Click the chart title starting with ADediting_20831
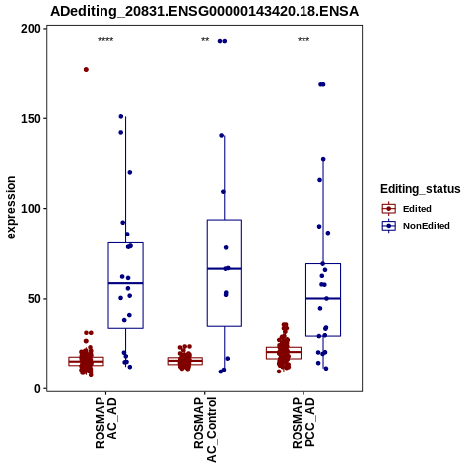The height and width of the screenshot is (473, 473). point(204,12)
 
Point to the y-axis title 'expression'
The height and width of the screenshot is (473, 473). point(11,208)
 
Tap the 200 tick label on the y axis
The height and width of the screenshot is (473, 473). point(31,29)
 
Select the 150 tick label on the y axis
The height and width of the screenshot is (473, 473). point(31,118)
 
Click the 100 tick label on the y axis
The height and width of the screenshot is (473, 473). point(31,209)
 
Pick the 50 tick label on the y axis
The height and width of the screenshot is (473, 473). point(34,299)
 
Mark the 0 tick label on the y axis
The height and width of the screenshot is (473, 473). point(38,388)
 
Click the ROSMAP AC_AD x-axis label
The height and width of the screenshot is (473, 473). point(106,423)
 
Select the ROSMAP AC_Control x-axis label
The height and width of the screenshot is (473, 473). point(205,430)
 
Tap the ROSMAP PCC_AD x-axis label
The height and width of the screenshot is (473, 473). point(304,423)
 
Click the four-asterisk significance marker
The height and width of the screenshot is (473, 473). point(105,40)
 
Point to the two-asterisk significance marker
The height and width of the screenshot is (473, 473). point(205,40)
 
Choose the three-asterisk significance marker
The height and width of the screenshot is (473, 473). point(304,40)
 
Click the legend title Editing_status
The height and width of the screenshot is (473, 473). point(421,189)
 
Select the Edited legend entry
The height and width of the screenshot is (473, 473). point(406,209)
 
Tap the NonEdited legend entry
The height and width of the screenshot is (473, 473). point(416,226)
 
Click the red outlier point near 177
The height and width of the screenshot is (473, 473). point(86,70)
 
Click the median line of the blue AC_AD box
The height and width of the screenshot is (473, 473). point(126,283)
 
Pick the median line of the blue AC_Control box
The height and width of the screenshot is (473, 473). point(225,269)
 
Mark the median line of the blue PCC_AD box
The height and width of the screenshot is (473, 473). point(323,298)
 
